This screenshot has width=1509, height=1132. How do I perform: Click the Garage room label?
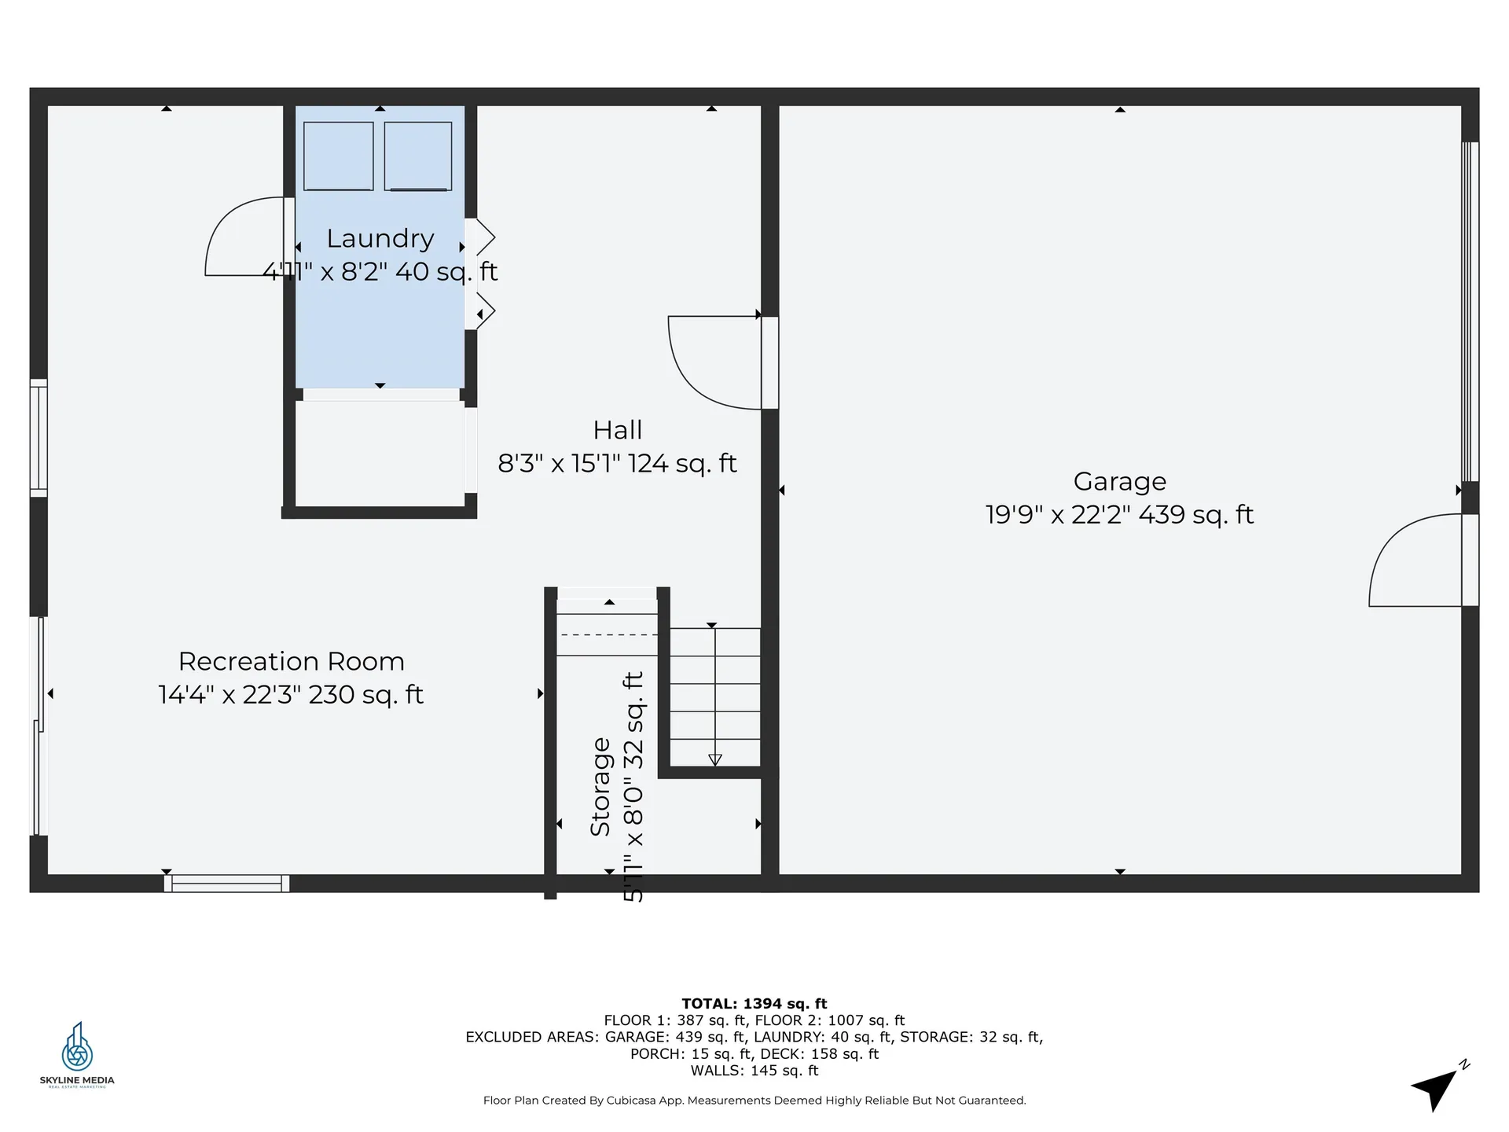pos(1119,481)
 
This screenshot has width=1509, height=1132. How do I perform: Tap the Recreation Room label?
pos(292,661)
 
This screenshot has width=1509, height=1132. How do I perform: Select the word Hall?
pos(618,430)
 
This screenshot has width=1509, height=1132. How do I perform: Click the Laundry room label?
pos(380,238)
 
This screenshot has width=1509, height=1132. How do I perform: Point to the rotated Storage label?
pos(600,787)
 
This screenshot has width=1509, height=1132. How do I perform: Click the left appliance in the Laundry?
pos(339,156)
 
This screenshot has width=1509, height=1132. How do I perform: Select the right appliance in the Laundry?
pos(418,156)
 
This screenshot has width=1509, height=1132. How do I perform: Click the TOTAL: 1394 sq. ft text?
pos(754,1003)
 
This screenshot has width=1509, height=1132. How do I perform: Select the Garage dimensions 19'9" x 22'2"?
pos(1058,515)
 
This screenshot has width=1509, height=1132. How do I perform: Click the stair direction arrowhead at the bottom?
pos(715,759)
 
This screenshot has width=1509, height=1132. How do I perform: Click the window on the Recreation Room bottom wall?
pos(226,884)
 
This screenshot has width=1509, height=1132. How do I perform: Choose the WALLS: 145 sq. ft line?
pos(754,1071)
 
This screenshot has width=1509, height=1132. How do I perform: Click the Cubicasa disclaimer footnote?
pos(754,1101)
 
